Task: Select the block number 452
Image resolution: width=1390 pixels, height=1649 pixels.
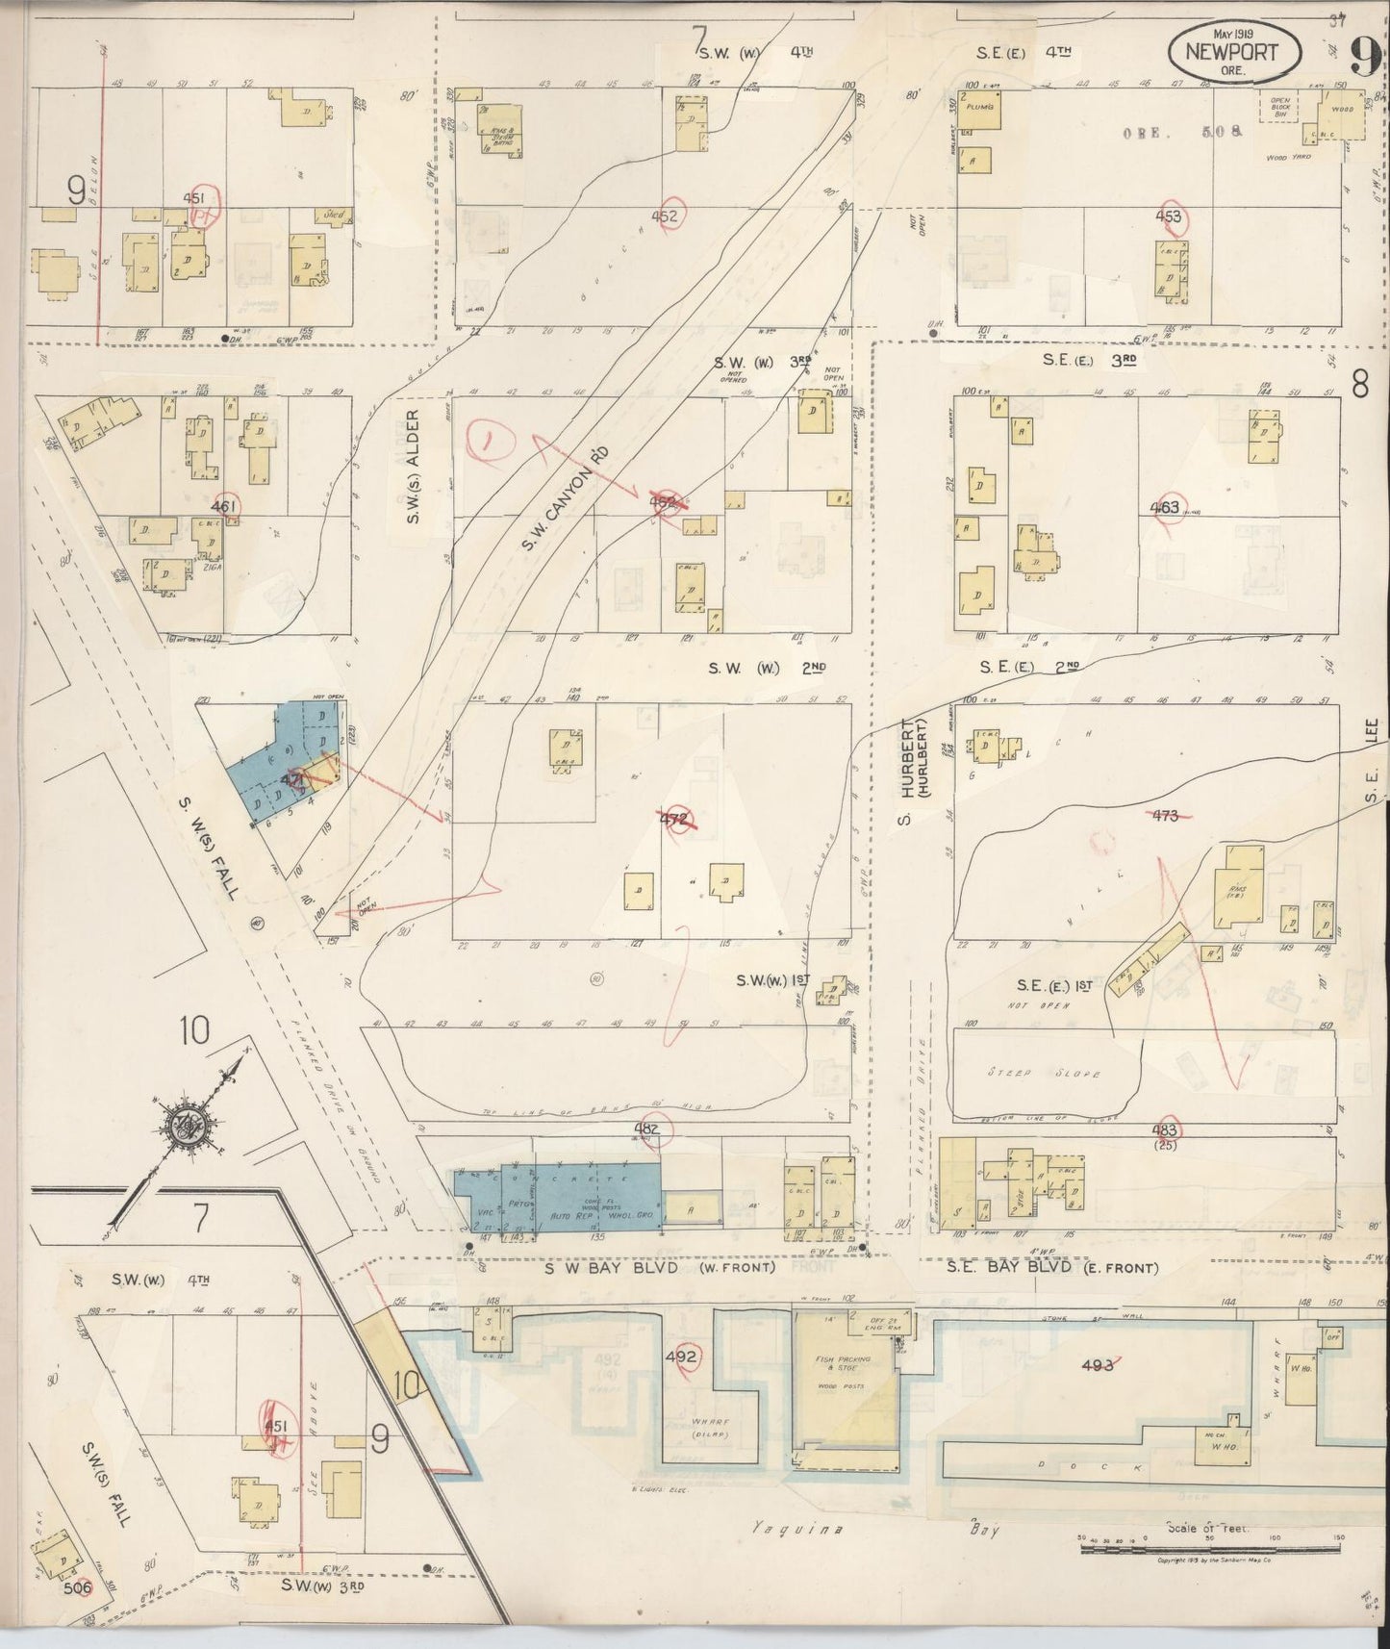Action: click(664, 216)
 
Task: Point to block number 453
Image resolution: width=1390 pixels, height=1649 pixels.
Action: click(1168, 216)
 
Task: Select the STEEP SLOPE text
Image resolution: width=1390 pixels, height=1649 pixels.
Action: click(1044, 1073)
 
